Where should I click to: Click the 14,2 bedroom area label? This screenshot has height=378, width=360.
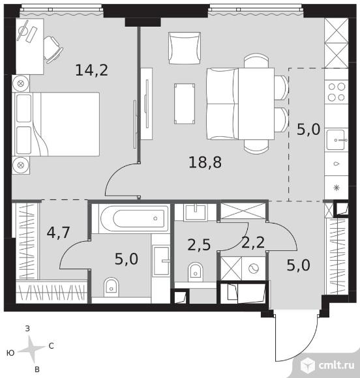(x=92, y=70)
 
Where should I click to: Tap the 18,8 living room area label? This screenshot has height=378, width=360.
(x=205, y=162)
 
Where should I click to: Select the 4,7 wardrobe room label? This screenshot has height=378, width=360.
(x=59, y=233)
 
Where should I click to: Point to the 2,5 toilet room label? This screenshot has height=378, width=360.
(x=199, y=245)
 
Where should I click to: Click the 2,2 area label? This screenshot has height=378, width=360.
(x=253, y=242)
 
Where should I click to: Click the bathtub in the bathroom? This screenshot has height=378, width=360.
(x=134, y=218)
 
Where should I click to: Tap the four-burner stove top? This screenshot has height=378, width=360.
(x=337, y=92)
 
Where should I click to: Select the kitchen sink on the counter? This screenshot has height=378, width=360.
(x=337, y=140)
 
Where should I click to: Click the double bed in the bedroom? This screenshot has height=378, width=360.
(x=57, y=124)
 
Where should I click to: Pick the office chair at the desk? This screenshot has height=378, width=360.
(x=52, y=50)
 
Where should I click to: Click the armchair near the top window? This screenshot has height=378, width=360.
(x=185, y=48)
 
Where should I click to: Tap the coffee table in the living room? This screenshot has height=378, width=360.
(x=185, y=104)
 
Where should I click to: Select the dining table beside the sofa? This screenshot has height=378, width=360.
(x=256, y=104)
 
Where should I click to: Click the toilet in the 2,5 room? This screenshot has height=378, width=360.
(x=195, y=272)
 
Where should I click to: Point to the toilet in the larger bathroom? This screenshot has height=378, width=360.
(x=112, y=287)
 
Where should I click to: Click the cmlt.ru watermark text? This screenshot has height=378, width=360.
(x=337, y=365)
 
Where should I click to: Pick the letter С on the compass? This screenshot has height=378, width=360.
(x=51, y=346)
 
